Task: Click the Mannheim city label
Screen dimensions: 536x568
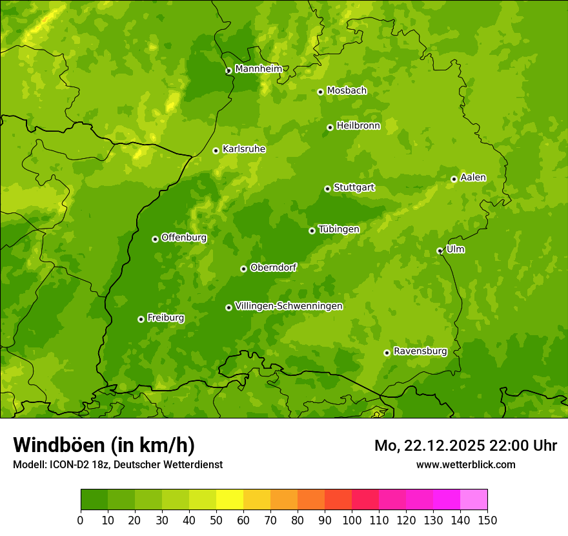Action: click(x=258, y=68)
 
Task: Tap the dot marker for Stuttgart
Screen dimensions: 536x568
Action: click(x=327, y=189)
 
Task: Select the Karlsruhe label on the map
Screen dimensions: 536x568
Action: click(x=243, y=149)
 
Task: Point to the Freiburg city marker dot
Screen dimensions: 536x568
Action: click(x=141, y=319)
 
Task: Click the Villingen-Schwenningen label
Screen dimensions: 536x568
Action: click(x=289, y=306)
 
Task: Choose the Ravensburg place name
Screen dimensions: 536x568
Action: click(x=420, y=351)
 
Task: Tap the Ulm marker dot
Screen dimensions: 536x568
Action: click(x=440, y=251)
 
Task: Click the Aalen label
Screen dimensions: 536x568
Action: click(x=472, y=178)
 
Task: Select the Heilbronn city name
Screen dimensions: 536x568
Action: click(x=358, y=126)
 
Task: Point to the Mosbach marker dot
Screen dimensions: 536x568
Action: click(x=320, y=92)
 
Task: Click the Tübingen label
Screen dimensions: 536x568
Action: click(x=338, y=229)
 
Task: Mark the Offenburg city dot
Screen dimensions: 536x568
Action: click(x=155, y=239)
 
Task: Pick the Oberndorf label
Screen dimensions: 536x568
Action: click(x=273, y=267)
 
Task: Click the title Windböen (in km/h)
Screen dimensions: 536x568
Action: click(x=103, y=445)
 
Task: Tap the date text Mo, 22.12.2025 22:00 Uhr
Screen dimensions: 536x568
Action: click(x=465, y=446)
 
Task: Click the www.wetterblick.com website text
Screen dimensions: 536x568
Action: click(x=465, y=464)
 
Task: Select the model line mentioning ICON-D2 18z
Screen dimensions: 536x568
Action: click(x=117, y=464)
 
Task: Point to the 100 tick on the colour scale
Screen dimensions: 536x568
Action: click(x=352, y=519)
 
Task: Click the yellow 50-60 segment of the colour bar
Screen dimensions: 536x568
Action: click(x=230, y=500)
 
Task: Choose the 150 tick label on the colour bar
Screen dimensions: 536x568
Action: click(x=487, y=519)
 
